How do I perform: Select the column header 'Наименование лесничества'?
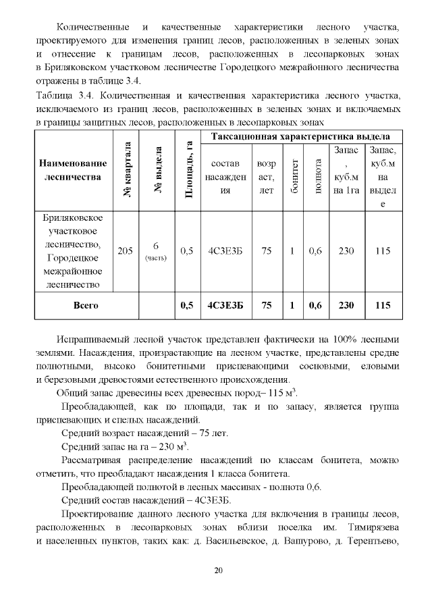(x=73, y=170)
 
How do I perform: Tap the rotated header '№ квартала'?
(x=126, y=170)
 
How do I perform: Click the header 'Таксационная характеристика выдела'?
(x=302, y=136)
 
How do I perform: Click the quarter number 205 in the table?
(x=125, y=251)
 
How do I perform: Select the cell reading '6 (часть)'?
(x=156, y=250)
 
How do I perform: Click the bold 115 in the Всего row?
(x=383, y=305)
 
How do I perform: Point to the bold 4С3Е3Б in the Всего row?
(x=226, y=305)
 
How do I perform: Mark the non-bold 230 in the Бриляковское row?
(x=346, y=251)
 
